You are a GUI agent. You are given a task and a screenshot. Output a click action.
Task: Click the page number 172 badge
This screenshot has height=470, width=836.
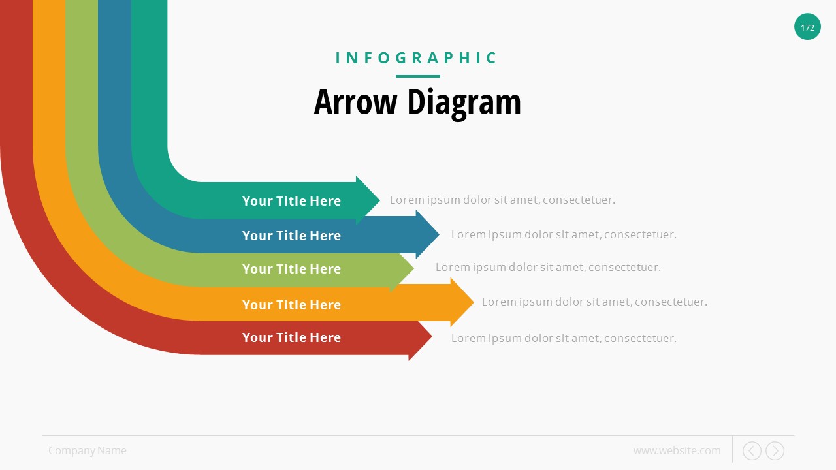[807, 27]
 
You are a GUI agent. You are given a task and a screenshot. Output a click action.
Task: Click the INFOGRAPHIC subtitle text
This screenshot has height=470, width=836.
[417, 58]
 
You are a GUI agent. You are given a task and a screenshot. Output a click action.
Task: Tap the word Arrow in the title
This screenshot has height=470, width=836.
[355, 102]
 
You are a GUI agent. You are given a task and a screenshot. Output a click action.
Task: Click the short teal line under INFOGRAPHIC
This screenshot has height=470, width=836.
[417, 76]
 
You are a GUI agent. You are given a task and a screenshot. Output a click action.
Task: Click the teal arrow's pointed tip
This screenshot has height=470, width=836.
[379, 200]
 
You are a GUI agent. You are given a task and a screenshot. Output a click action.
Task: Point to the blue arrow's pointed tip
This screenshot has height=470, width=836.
[440, 234]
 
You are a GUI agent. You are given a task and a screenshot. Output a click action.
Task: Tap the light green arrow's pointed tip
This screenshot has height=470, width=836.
[413, 268]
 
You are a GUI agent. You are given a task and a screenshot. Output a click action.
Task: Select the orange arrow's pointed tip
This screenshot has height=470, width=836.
[474, 302]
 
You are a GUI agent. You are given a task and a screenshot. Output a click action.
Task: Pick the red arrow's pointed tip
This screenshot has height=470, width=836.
[432, 336]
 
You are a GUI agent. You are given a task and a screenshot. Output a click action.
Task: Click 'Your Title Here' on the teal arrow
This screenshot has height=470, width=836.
[291, 201]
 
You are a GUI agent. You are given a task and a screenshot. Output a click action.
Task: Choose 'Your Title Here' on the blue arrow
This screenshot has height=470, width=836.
[291, 236]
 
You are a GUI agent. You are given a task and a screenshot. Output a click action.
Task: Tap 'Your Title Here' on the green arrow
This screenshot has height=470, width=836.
[291, 269]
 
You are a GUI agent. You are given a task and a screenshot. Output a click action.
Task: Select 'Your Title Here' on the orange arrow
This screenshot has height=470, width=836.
[291, 305]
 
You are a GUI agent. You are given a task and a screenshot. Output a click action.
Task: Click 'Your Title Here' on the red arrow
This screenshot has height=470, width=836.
[291, 337]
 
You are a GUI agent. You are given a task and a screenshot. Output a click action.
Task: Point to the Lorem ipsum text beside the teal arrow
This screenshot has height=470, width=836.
[502, 200]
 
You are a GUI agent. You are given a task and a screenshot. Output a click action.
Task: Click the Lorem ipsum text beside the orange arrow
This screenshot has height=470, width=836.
[594, 302]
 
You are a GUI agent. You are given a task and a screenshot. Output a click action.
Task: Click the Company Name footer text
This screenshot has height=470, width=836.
[88, 450]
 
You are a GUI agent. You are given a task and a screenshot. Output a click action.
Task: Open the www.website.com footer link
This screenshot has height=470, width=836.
[677, 450]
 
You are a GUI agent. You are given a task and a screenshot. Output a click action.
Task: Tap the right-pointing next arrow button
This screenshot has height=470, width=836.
[775, 450]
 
